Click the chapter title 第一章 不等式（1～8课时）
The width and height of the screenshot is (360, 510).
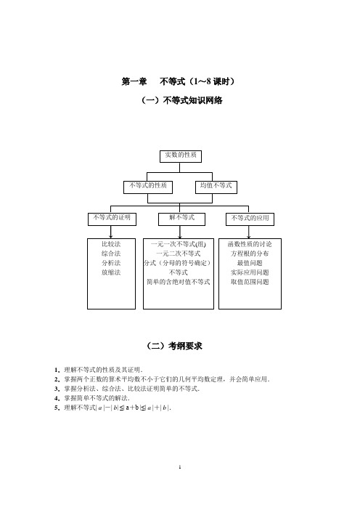pyautogui.click(x=178, y=81)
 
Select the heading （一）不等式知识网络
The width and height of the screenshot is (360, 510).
pyautogui.click(x=182, y=100)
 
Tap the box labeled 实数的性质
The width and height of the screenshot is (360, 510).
pyautogui.click(x=181, y=156)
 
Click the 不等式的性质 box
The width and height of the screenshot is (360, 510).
pyautogui.click(x=148, y=187)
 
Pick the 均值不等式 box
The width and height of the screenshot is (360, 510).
pyautogui.click(x=216, y=187)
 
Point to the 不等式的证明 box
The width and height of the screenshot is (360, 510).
pyautogui.click(x=112, y=219)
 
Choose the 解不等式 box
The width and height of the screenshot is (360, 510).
pyautogui.click(x=181, y=219)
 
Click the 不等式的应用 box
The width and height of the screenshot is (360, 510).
pyautogui.click(x=250, y=219)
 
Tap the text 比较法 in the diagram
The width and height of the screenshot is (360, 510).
pyautogui.click(x=111, y=244)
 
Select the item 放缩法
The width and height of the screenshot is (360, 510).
pyautogui.click(x=111, y=272)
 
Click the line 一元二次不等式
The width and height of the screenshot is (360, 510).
pyautogui.click(x=179, y=254)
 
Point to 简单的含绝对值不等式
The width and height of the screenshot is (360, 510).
pyautogui.click(x=179, y=282)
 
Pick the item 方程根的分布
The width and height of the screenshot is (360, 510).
pyautogui.click(x=250, y=254)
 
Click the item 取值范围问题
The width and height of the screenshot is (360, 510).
pyautogui.click(x=250, y=282)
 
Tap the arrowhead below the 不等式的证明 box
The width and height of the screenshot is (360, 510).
pyautogui.click(x=111, y=236)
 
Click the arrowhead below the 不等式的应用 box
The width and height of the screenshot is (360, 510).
pyautogui.click(x=248, y=236)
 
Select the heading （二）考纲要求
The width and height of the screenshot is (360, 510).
pyautogui.click(x=174, y=346)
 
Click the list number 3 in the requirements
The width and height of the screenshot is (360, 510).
pyautogui.click(x=57, y=389)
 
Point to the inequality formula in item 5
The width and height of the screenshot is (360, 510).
pyautogui.click(x=134, y=408)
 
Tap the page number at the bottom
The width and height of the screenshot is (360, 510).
pyautogui.click(x=180, y=467)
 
